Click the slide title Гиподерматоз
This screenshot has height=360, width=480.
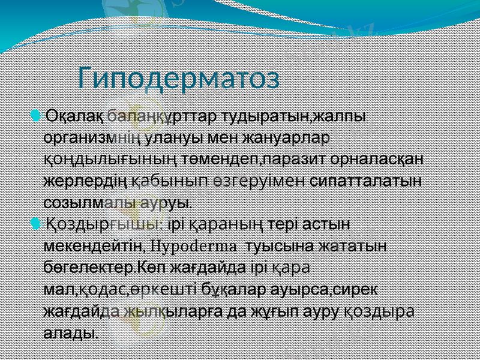click(179, 77)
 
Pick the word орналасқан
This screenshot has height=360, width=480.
click(376, 158)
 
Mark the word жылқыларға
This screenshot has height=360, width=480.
click(159, 311)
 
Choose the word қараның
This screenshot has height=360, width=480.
click(227, 225)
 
